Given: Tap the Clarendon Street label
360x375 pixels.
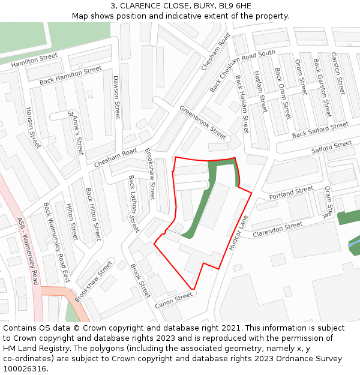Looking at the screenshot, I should [x=278, y=229].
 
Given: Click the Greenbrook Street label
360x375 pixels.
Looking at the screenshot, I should [x=203, y=122].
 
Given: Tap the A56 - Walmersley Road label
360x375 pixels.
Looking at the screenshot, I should [x=28, y=251].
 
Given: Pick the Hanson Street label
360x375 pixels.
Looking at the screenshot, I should [x=32, y=128].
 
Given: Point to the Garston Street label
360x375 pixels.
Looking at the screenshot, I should [x=338, y=73].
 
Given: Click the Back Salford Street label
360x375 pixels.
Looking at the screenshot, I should [x=320, y=130].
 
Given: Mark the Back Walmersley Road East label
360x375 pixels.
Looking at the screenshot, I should [x=56, y=242].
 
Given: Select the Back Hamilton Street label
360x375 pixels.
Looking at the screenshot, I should [x=70, y=76].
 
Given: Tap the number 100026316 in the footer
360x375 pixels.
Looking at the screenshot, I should [x=24, y=369].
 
